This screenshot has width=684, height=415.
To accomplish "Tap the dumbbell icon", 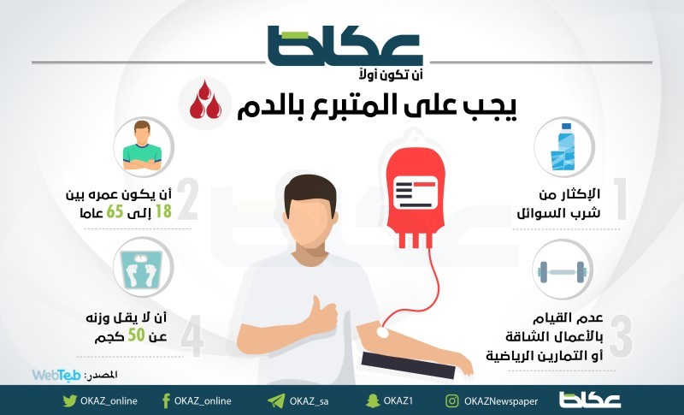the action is (562, 272).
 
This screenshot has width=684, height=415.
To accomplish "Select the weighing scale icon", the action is (141, 270).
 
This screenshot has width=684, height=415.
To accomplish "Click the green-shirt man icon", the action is (142, 145).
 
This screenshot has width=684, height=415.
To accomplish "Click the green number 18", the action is (163, 212).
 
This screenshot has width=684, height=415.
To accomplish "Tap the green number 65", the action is (115, 212).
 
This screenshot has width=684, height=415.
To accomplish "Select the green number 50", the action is (136, 335).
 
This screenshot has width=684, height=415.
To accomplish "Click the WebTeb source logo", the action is (56, 375).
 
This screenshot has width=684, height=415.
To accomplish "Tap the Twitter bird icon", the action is (69, 400).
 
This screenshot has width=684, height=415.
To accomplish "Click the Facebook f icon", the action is (166, 400).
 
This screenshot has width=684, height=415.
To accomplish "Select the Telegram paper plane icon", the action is (275, 400).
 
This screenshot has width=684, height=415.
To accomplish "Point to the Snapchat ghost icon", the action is (373, 400).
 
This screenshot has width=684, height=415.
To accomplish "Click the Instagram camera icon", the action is (452, 400).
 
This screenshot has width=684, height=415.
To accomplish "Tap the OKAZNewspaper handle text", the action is (501, 401).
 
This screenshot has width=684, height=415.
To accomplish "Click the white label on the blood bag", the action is (415, 193).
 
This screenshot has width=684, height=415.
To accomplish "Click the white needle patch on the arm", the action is (382, 332).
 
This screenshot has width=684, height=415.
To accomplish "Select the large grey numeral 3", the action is (621, 335).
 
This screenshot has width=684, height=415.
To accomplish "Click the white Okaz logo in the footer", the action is (590, 400).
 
